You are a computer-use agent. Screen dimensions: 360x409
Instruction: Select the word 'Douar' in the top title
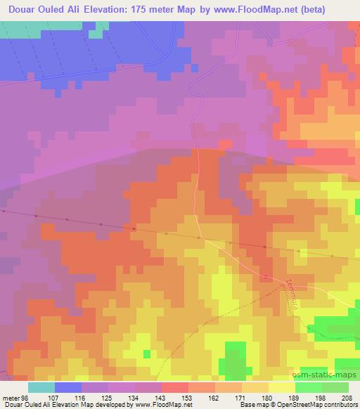pyautogui.click(x=20, y=9)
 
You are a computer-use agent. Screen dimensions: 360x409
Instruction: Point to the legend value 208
pyautogui.click(x=348, y=398)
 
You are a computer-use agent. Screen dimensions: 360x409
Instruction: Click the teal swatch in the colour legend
pyautogui.click(x=41, y=387)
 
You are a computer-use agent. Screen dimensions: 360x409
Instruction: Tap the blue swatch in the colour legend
pyautogui.click(x=68, y=387)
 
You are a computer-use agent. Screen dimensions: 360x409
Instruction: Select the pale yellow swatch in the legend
pyautogui.click(x=281, y=387)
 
